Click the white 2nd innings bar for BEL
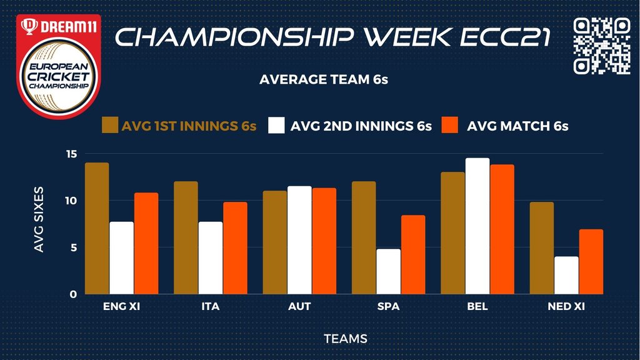tap(477, 226)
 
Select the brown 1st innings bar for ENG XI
tap(97, 229)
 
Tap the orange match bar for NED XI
tap(591, 262)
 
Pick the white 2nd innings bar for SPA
tap(389, 271)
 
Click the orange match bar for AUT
tap(324, 241)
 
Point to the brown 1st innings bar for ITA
tap(186, 238)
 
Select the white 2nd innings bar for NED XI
tap(566, 276)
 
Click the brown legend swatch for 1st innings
tap(110, 125)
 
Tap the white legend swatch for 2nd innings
tap(276, 125)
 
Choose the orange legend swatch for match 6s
tap(450, 125)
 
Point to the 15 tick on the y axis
tap(71, 154)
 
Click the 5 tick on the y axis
tap(74, 247)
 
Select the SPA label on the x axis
tap(389, 306)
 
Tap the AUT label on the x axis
tap(299, 306)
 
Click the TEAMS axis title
tap(346, 338)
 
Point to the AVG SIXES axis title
tap(39, 219)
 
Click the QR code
tap(602, 46)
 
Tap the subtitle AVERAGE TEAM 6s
tap(324, 79)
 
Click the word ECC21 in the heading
tap(505, 37)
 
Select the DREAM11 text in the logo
tap(69, 27)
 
